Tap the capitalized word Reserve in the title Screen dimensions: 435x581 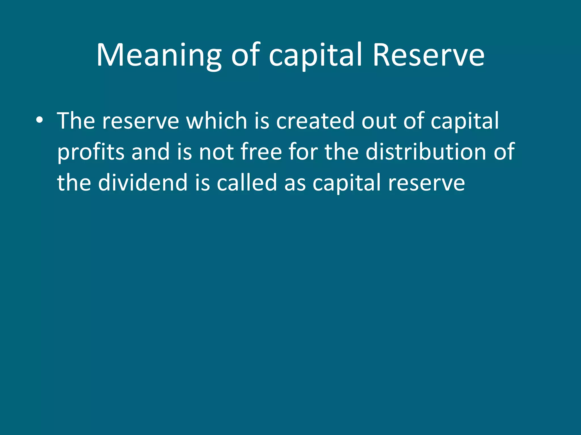pyautogui.click(x=428, y=55)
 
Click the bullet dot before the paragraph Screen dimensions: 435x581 pyautogui.click(x=39, y=121)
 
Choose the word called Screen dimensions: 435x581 pyautogui.click(x=247, y=183)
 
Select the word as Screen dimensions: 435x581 pyautogui.click(x=295, y=183)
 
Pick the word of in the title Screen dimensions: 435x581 pyautogui.click(x=245, y=55)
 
